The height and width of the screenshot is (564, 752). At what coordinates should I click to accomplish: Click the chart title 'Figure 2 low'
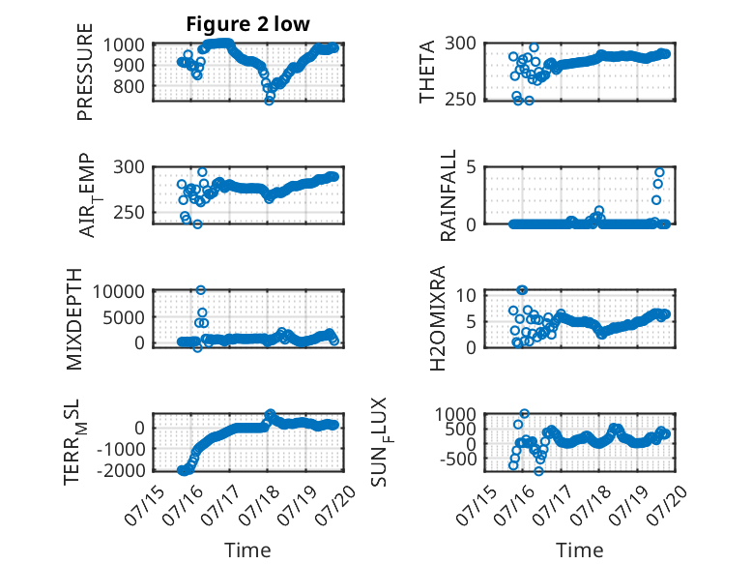[248, 24]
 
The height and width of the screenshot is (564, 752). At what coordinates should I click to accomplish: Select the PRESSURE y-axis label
[84, 72]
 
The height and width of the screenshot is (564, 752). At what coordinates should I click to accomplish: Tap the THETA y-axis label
[426, 72]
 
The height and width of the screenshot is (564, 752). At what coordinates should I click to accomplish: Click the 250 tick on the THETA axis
[460, 100]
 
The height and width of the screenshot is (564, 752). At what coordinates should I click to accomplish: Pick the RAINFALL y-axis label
[448, 195]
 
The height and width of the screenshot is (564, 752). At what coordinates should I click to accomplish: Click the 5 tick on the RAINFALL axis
[472, 167]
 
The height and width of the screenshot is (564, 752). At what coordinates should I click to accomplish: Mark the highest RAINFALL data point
[659, 173]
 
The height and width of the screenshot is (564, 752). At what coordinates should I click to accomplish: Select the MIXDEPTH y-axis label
[74, 319]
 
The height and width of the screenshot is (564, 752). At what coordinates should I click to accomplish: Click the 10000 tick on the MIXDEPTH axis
[119, 291]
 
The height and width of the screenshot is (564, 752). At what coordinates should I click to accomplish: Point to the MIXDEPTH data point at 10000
[201, 290]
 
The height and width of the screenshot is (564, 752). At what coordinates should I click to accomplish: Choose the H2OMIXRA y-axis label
[438, 318]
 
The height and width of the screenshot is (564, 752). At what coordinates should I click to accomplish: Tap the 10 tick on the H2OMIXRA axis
[466, 295]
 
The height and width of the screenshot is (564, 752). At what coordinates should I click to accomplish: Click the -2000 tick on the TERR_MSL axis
[121, 470]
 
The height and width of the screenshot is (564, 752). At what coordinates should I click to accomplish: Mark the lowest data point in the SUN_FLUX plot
[539, 471]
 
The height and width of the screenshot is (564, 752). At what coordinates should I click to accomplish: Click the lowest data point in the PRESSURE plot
[269, 101]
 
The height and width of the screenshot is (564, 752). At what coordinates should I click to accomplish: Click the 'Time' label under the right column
[580, 550]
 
